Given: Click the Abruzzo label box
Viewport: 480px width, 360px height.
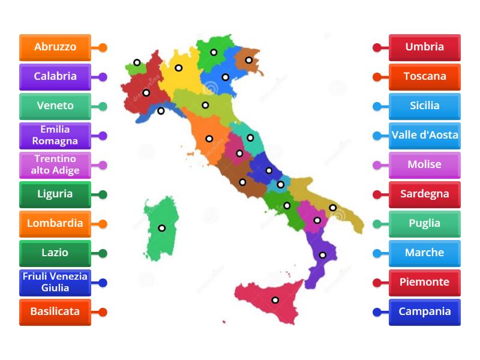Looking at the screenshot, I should pyautogui.click(x=55, y=47).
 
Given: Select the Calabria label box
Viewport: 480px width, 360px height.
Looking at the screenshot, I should pyautogui.click(x=55, y=76).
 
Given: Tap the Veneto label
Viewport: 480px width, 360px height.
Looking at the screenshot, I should pyautogui.click(x=55, y=106).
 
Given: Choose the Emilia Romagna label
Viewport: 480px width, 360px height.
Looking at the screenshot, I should pyautogui.click(x=55, y=136).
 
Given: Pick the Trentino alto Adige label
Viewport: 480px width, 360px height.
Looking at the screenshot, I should pyautogui.click(x=55, y=165).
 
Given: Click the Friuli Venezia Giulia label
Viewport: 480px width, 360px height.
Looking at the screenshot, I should pyautogui.click(x=55, y=283).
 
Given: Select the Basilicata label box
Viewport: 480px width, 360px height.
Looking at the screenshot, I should pyautogui.click(x=55, y=312).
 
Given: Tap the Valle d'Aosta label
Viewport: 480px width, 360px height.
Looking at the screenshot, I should pyautogui.click(x=425, y=135).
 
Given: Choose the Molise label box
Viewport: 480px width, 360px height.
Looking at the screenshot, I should pyautogui.click(x=425, y=165).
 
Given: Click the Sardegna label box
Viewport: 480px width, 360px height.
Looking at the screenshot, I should pyautogui.click(x=425, y=194).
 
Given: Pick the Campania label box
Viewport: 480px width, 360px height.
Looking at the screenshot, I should pyautogui.click(x=425, y=312).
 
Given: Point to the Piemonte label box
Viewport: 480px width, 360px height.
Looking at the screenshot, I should pyautogui.click(x=425, y=283).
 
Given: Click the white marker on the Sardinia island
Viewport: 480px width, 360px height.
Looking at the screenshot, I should pyautogui.click(x=161, y=228).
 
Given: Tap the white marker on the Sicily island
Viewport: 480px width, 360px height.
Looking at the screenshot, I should pyautogui.click(x=275, y=300).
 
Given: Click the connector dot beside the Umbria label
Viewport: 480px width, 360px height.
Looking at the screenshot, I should pyautogui.click(x=377, y=47).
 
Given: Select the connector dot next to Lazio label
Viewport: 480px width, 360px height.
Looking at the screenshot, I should pyautogui.click(x=103, y=253).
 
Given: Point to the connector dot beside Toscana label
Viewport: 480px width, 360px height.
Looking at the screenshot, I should pyautogui.click(x=377, y=77).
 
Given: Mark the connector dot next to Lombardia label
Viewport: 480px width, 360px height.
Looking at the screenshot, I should pyautogui.click(x=103, y=224).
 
